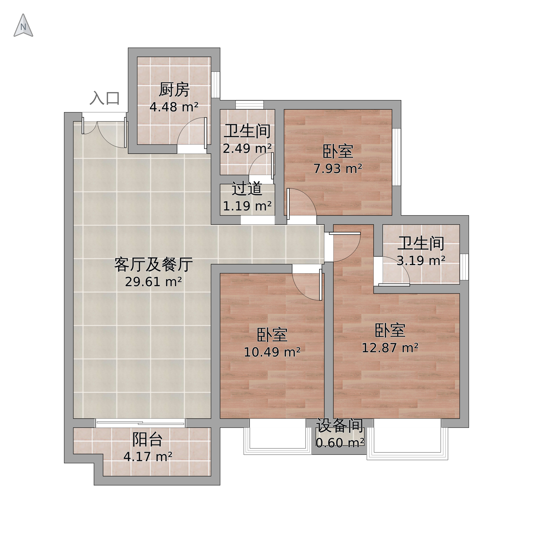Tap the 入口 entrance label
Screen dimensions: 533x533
105,98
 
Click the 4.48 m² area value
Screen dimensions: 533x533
174,107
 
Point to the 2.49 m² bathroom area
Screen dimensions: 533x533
247,149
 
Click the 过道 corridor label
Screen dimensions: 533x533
247,189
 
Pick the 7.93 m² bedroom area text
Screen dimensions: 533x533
338,168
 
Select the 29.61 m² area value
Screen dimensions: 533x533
153,282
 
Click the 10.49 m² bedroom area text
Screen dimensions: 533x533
272,352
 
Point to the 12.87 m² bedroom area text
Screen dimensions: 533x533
390,348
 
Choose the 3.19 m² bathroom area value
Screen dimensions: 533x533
421,261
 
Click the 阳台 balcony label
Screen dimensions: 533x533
147,439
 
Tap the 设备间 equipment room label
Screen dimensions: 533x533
340,426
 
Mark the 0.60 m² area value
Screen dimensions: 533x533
340,443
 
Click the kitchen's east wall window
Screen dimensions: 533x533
215,85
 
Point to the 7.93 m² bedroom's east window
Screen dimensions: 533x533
396,157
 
